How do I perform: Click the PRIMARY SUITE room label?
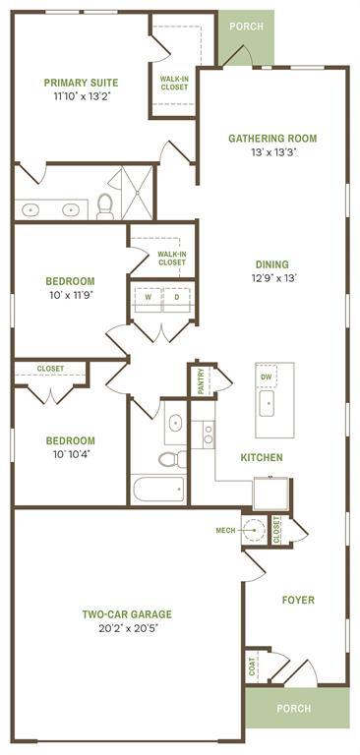tap(81, 83)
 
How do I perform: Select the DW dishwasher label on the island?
tap(266, 377)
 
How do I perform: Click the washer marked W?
tap(148, 296)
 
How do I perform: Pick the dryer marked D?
tap(177, 296)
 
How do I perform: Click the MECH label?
tap(225, 531)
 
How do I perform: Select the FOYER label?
tap(298, 599)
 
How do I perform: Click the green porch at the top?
tap(246, 27)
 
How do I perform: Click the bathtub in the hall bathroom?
tap(157, 489)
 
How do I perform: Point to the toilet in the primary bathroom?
tap(104, 206)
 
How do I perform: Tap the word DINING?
tap(271, 263)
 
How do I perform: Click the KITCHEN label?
tap(262, 457)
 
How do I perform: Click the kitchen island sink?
tap(268, 404)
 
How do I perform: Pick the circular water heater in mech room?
tap(254, 530)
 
